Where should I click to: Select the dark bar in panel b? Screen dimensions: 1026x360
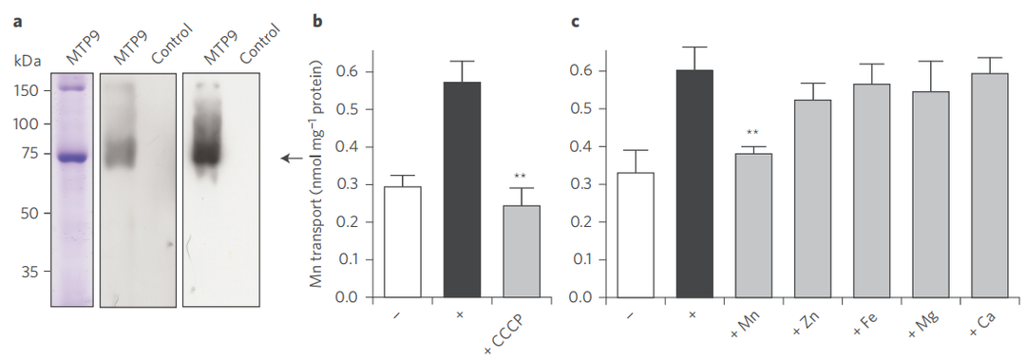coord(462,190)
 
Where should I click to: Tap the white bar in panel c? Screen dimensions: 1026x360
coord(635,235)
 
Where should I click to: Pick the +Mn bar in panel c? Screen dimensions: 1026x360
coord(753,226)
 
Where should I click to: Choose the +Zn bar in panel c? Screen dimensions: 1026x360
coord(813,199)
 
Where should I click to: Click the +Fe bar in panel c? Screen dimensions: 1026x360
coord(871,191)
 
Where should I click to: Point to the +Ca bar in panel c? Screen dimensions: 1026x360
coord(989,186)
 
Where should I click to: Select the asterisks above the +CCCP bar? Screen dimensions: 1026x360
coord(521,176)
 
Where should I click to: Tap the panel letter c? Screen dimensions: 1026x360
coord(575,22)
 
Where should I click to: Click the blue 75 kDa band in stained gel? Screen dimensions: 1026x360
coord(72,158)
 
